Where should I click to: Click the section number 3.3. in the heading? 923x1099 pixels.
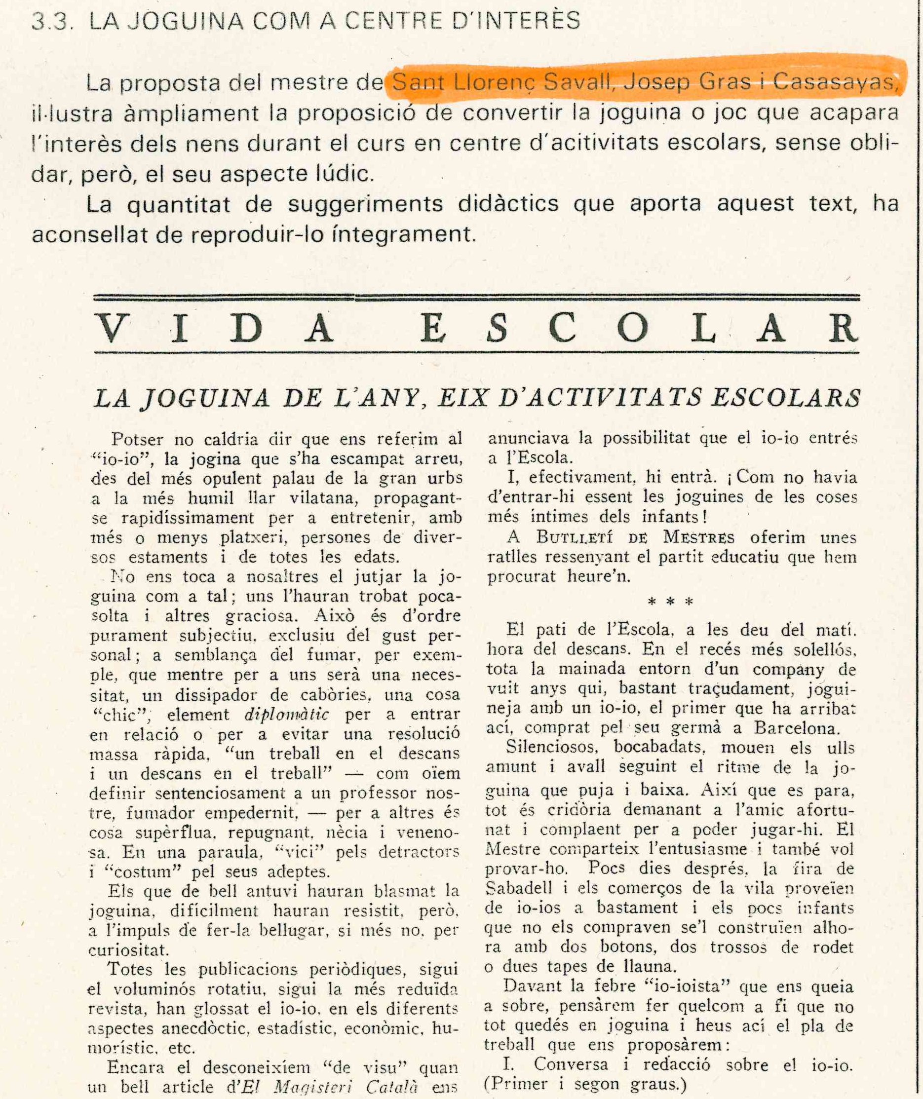pyautogui.click(x=51, y=21)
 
